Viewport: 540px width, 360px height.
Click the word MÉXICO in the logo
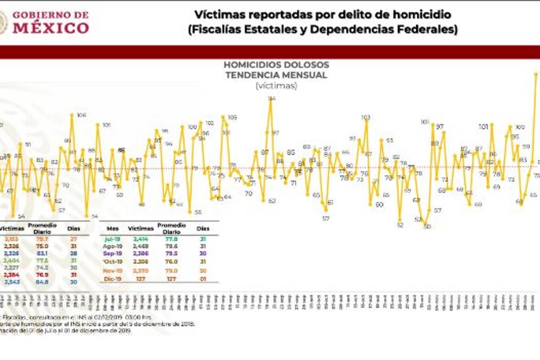click(50, 28)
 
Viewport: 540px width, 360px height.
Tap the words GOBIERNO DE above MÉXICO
click(50, 15)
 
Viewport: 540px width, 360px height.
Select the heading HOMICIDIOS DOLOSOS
click(276, 65)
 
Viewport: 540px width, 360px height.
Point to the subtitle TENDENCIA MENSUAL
click(276, 75)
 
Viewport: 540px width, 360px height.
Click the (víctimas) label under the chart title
click(276, 85)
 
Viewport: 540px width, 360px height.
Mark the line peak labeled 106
click(72, 115)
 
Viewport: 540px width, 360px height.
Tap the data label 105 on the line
click(232, 118)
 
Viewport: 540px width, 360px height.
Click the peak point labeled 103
click(366, 117)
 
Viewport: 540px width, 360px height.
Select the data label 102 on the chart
click(210, 123)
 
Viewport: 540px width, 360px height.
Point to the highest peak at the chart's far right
click(536, 74)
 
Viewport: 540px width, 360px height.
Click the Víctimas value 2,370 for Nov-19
click(140, 270)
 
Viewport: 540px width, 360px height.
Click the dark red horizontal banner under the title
click(270, 52)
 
